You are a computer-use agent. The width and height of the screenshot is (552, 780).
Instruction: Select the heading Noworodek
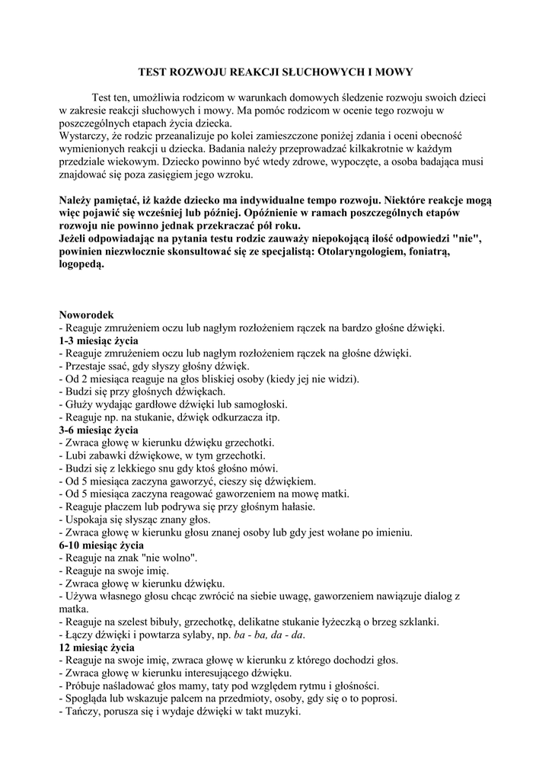coord(86,315)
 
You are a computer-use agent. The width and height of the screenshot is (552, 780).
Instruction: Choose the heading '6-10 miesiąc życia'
coord(101,545)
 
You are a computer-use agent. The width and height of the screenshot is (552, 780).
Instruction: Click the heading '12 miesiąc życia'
coord(97,647)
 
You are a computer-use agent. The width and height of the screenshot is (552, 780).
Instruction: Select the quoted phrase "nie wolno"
coord(171,558)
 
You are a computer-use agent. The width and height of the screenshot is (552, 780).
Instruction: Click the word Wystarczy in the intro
coord(84,136)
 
